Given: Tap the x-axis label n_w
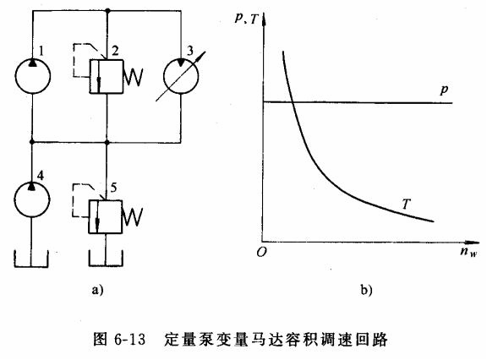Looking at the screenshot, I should pyautogui.click(x=468, y=251).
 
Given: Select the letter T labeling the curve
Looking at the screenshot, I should pyautogui.click(x=406, y=204).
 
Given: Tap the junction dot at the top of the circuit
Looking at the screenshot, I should pyautogui.click(x=107, y=11).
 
